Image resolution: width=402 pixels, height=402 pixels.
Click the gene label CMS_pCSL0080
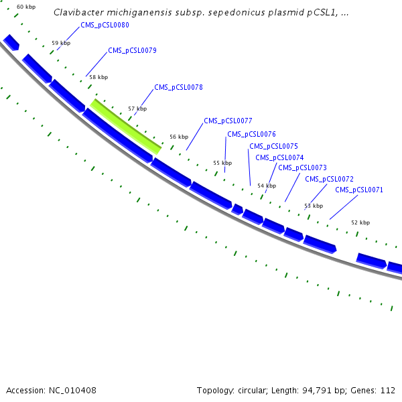[x=105, y=25]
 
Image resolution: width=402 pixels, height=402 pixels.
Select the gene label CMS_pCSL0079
[x=132, y=50]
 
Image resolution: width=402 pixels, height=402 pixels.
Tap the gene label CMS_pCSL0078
[x=178, y=87]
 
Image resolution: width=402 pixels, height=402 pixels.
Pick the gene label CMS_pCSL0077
[x=228, y=121]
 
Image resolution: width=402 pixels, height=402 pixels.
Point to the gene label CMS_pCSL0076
[x=251, y=134]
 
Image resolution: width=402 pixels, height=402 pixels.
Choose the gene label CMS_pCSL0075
[x=273, y=146]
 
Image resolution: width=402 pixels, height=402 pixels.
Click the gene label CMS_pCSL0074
[x=279, y=157]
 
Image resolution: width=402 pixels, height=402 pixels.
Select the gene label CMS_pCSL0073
[x=302, y=167]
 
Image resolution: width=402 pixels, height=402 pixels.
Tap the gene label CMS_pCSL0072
[x=329, y=179]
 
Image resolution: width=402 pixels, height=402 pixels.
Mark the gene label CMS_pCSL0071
[x=358, y=190]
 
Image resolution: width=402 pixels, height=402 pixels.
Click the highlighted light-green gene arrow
[x=126, y=126]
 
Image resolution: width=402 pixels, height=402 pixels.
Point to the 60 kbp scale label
[x=25, y=7]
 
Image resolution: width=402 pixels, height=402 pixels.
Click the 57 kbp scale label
[x=137, y=109]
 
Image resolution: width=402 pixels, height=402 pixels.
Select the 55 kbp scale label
[x=222, y=163]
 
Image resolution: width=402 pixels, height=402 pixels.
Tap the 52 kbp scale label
[x=360, y=222]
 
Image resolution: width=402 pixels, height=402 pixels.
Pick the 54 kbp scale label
[x=266, y=186]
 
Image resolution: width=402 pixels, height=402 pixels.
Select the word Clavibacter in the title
[x=77, y=13]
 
